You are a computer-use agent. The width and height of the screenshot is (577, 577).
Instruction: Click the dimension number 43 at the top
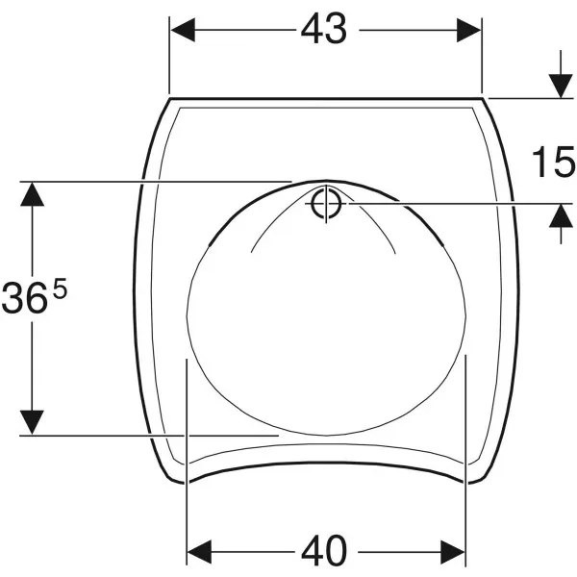[x=324, y=29]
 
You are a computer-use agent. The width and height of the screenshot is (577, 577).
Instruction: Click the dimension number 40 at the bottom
[x=324, y=552]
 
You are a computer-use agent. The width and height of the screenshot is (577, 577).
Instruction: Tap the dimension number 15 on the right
[x=554, y=162]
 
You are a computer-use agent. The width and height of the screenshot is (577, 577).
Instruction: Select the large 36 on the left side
[x=25, y=297]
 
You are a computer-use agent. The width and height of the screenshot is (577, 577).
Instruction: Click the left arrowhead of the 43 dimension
[x=183, y=30]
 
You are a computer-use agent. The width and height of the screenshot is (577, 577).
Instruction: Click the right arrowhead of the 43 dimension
[x=468, y=30]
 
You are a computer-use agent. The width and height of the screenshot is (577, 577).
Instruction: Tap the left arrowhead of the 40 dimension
[x=199, y=552]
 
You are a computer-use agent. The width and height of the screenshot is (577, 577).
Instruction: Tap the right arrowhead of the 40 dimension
[x=453, y=552]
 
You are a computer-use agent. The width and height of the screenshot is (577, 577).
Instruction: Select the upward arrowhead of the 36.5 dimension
[x=32, y=194]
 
